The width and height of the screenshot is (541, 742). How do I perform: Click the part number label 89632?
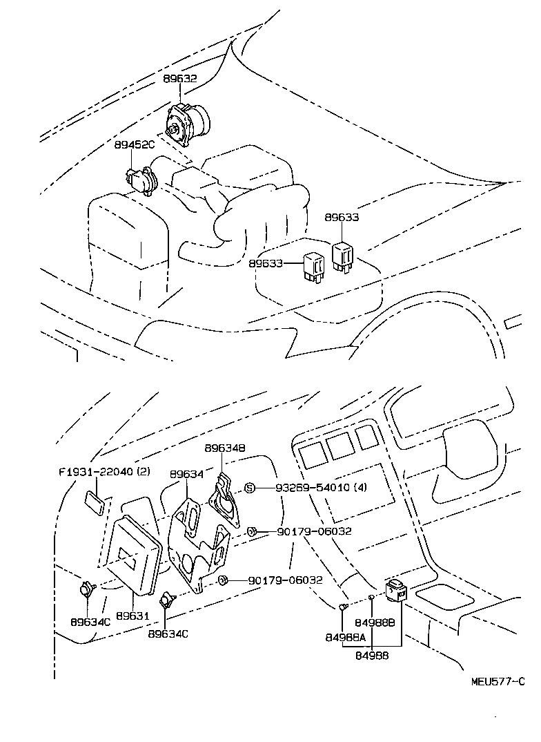180,79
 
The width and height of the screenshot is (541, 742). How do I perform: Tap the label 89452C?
135,144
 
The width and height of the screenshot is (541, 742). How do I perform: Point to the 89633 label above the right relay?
342,218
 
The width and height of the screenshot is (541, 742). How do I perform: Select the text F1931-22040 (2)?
104,472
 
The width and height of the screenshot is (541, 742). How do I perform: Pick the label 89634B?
224,448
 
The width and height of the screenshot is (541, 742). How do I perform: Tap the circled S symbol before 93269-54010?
250,488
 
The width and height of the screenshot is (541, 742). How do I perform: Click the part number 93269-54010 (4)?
319,488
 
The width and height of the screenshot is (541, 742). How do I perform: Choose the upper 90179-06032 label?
314,531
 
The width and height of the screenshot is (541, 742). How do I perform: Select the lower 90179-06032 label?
286,580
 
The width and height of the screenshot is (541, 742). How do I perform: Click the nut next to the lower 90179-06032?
223,580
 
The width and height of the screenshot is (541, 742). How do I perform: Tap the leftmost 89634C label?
90,622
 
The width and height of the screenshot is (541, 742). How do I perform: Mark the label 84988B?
379,622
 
